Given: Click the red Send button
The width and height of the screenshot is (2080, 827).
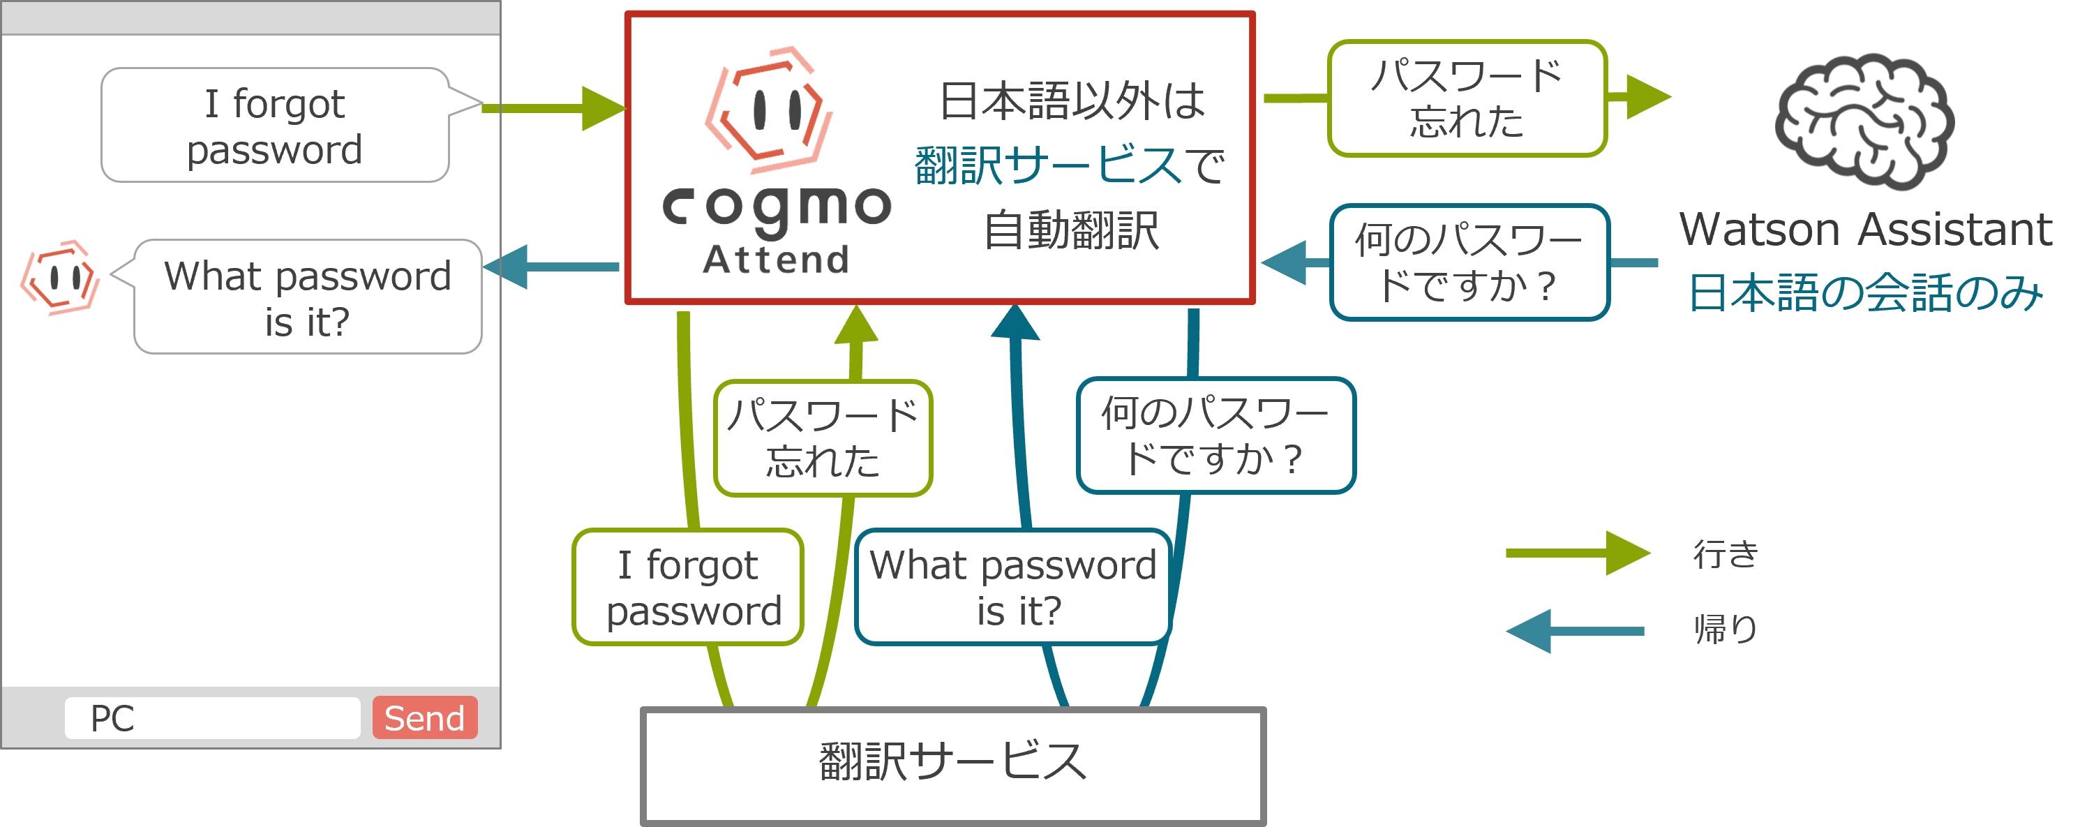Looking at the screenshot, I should [x=425, y=717].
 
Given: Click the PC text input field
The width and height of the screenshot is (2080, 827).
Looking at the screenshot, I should [x=212, y=717].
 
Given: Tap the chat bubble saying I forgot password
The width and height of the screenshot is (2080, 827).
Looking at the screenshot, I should [x=274, y=125].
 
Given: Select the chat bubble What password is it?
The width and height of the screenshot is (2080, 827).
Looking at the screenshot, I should [x=308, y=297].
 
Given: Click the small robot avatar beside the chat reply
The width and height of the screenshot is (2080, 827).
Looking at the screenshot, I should [x=61, y=278].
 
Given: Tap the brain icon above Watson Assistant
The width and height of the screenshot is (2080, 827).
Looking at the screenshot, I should [x=1864, y=121].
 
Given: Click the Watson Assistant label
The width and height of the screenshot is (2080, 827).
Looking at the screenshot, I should [x=1865, y=230].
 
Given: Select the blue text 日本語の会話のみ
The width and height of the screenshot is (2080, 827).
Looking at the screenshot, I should [x=1865, y=292].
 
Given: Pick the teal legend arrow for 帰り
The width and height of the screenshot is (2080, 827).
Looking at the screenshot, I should [x=1575, y=631].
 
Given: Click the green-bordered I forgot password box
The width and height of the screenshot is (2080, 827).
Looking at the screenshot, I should [x=688, y=587].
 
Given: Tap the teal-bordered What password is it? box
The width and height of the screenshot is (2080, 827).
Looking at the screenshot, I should [x=1012, y=587].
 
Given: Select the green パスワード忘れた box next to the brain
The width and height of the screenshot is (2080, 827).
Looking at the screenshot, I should [x=1467, y=98].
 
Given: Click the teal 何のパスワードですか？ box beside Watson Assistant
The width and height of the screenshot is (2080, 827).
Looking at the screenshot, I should [x=1469, y=262].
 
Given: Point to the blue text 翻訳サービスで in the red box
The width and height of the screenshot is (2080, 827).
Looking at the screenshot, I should [x=1070, y=165].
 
